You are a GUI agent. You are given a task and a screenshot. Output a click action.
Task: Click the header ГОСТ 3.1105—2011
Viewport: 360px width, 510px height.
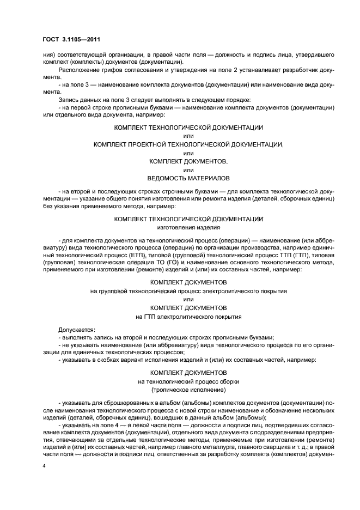71,39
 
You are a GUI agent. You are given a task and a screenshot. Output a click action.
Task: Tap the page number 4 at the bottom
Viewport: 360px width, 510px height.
44,466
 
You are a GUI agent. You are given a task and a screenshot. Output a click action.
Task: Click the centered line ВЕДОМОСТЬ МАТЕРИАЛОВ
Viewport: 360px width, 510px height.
188,178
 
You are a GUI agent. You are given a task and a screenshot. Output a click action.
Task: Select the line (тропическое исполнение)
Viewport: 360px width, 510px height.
188,390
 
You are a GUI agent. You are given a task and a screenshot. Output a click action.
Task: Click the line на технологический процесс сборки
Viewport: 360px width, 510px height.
188,381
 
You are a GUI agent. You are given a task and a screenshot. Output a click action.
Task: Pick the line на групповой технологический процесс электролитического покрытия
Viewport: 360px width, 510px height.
188,291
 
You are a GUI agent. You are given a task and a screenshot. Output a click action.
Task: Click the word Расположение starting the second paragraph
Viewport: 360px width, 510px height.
78,70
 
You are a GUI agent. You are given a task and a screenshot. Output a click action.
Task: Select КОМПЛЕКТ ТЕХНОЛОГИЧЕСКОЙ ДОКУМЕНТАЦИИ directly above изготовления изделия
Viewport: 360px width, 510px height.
188,218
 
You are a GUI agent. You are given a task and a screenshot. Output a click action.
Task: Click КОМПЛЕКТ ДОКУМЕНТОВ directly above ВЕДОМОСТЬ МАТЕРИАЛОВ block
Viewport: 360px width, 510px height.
188,161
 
